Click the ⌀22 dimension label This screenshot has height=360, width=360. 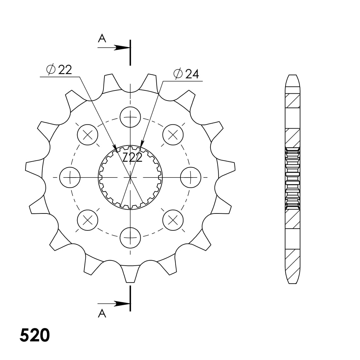[59, 70]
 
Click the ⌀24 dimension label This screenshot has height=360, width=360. [186, 74]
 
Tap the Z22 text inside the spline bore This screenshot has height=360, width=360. [133, 158]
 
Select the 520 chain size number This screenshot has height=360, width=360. [35, 335]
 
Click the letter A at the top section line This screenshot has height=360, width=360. [102, 38]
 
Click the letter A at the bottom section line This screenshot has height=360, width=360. [102, 313]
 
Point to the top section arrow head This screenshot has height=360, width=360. [122, 48]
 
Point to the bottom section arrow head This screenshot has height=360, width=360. [122, 304]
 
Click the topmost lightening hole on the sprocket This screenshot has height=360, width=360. [130, 117]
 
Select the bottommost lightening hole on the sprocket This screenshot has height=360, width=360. [130, 238]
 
